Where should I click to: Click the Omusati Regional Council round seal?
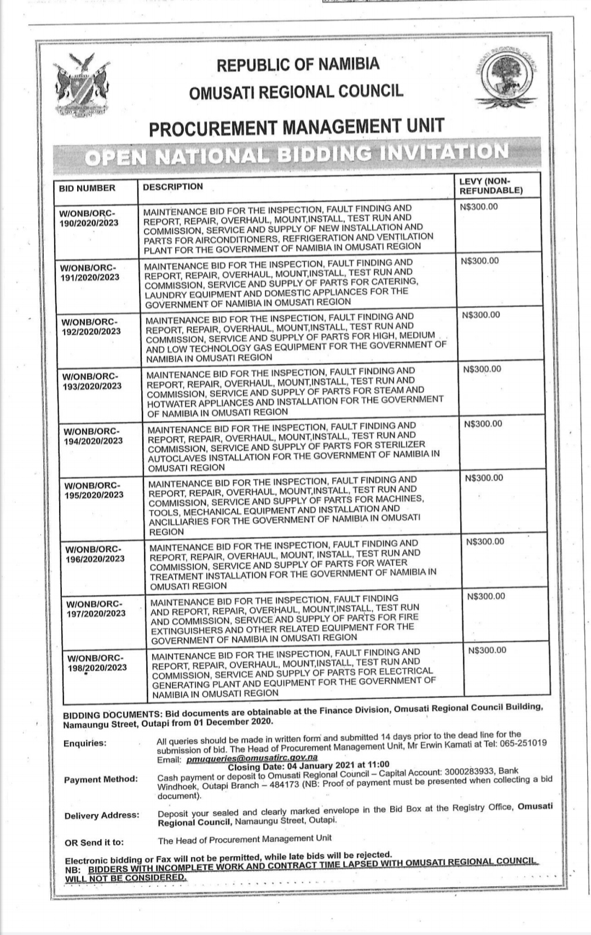pyautogui.click(x=506, y=76)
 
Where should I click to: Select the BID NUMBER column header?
pyautogui.click(x=87, y=188)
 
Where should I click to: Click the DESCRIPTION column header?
pyautogui.click(x=173, y=187)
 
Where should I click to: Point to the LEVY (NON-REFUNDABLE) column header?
pyautogui.click(x=490, y=186)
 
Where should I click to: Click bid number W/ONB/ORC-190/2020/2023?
pyautogui.click(x=89, y=218)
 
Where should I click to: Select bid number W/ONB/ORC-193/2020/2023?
pyautogui.click(x=92, y=381)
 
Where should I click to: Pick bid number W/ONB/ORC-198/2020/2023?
pyautogui.click(x=96, y=663)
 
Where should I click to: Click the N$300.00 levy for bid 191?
pyautogui.click(x=480, y=261)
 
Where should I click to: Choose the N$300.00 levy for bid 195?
pyautogui.click(x=484, y=478)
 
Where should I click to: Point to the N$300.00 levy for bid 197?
pyautogui.click(x=486, y=596)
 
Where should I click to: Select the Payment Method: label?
pyautogui.click(x=101, y=779)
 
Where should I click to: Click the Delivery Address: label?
pyautogui.click(x=102, y=816)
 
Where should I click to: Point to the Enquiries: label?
pyautogui.click(x=85, y=743)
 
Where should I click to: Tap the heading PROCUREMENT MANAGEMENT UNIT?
pyautogui.click(x=296, y=127)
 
